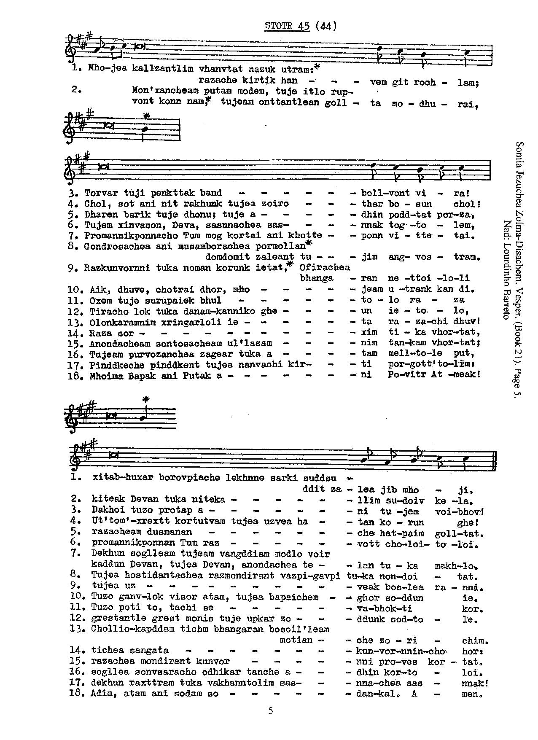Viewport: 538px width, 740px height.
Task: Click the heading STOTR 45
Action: (x=287, y=26)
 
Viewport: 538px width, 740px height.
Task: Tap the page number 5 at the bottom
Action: (x=270, y=711)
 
